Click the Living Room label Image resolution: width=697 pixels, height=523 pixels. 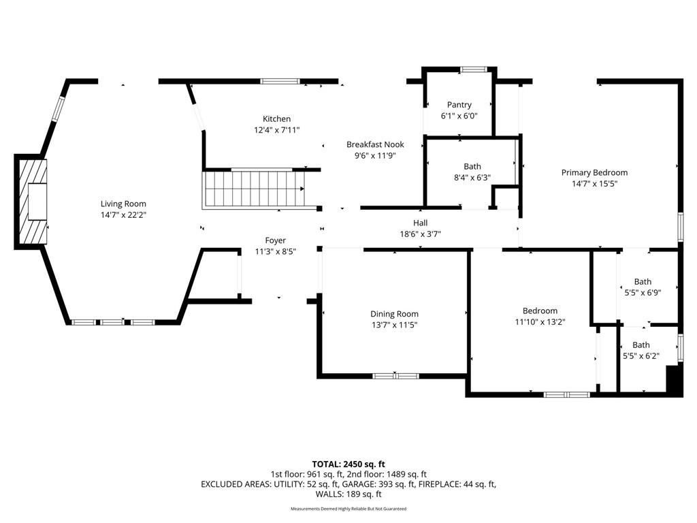tap(123, 204)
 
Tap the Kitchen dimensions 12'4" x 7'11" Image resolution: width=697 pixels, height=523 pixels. tap(276, 130)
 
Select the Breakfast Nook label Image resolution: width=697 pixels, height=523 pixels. tap(375, 144)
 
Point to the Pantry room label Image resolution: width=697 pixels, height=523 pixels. tap(459, 105)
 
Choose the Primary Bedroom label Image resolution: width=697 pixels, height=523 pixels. tap(594, 172)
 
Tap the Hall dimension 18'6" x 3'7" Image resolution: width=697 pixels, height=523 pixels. tap(421, 234)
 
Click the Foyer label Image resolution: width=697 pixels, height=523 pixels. tap(276, 240)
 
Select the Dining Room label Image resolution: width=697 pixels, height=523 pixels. tap(394, 314)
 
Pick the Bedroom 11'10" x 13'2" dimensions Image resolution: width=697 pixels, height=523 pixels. tap(540, 322)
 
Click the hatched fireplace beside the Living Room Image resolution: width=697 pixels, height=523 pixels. tap(31, 202)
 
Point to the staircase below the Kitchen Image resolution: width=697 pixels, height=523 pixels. tap(253, 189)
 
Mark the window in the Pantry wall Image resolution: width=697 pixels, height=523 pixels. tap(474, 69)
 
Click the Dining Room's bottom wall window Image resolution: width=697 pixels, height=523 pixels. tap(395, 376)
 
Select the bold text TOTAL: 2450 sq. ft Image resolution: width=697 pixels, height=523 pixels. tap(348, 464)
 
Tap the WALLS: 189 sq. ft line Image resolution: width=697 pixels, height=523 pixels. tap(348, 494)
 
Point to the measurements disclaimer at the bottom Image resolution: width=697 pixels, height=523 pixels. tap(348, 509)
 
